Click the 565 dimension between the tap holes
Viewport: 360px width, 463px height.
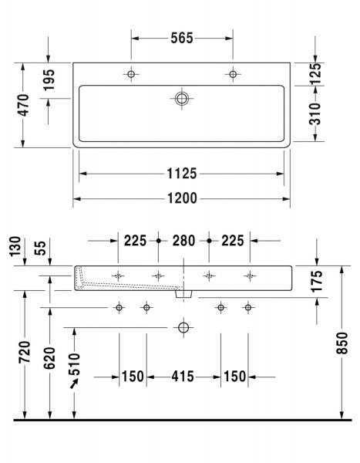click(182, 38)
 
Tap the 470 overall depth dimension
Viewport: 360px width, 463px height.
click(23, 106)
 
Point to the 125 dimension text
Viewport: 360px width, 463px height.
click(316, 74)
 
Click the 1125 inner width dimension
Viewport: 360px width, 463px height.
click(182, 174)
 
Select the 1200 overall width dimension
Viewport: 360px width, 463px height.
click(182, 198)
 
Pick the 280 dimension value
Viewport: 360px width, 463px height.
click(183, 241)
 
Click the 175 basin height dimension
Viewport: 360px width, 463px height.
click(317, 282)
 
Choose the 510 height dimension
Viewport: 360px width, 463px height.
click(75, 362)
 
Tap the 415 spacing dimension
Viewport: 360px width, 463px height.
click(183, 377)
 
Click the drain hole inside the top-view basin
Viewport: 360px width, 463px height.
click(182, 98)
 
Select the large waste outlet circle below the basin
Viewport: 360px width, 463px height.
click(183, 327)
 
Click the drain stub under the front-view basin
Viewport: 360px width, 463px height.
click(183, 294)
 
